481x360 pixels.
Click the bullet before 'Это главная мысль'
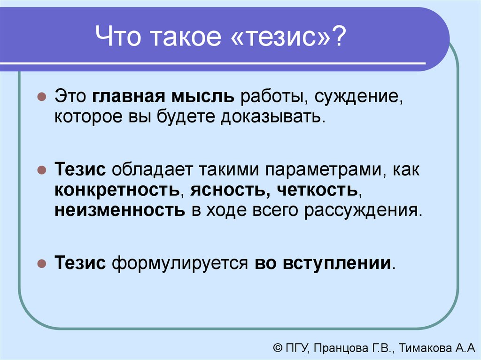(41, 97)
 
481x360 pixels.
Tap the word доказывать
(272, 117)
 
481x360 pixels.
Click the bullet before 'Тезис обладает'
(41, 170)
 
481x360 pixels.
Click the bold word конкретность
(117, 190)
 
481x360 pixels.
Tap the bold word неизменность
(120, 210)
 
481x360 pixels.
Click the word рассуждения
(363, 211)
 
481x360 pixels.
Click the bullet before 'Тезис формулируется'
(41, 263)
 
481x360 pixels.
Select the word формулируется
(180, 263)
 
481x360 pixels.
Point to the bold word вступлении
(337, 263)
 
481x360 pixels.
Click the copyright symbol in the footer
(278, 348)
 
